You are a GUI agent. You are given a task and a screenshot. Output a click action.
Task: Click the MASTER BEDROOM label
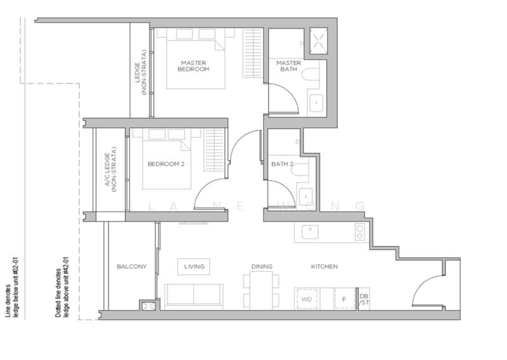[193, 66]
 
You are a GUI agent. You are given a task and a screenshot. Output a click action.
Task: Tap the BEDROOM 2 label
[166, 164]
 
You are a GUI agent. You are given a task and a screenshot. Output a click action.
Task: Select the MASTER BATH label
[288, 66]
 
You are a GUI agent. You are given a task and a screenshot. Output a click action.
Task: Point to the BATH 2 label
[282, 164]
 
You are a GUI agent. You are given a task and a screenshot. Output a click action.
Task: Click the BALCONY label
[132, 267]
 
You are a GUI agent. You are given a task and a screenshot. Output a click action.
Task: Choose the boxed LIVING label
[194, 267]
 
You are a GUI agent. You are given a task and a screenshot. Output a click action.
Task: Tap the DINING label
[262, 267]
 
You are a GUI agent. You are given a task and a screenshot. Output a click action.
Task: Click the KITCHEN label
[324, 267]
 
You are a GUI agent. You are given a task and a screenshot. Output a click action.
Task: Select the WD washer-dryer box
[307, 299]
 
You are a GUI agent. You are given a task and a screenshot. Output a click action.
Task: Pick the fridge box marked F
[344, 299]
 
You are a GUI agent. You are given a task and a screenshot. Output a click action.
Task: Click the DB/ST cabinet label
[364, 299]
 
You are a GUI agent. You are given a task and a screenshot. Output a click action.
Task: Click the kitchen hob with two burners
[360, 232]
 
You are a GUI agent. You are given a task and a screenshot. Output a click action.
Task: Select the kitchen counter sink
[310, 232]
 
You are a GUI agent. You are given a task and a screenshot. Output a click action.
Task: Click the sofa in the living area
[194, 294]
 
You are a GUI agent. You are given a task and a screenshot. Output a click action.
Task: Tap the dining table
[261, 290]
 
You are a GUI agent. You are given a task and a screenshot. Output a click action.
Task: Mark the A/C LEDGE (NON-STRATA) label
[110, 170]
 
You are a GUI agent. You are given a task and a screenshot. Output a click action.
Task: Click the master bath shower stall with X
[319, 41]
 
